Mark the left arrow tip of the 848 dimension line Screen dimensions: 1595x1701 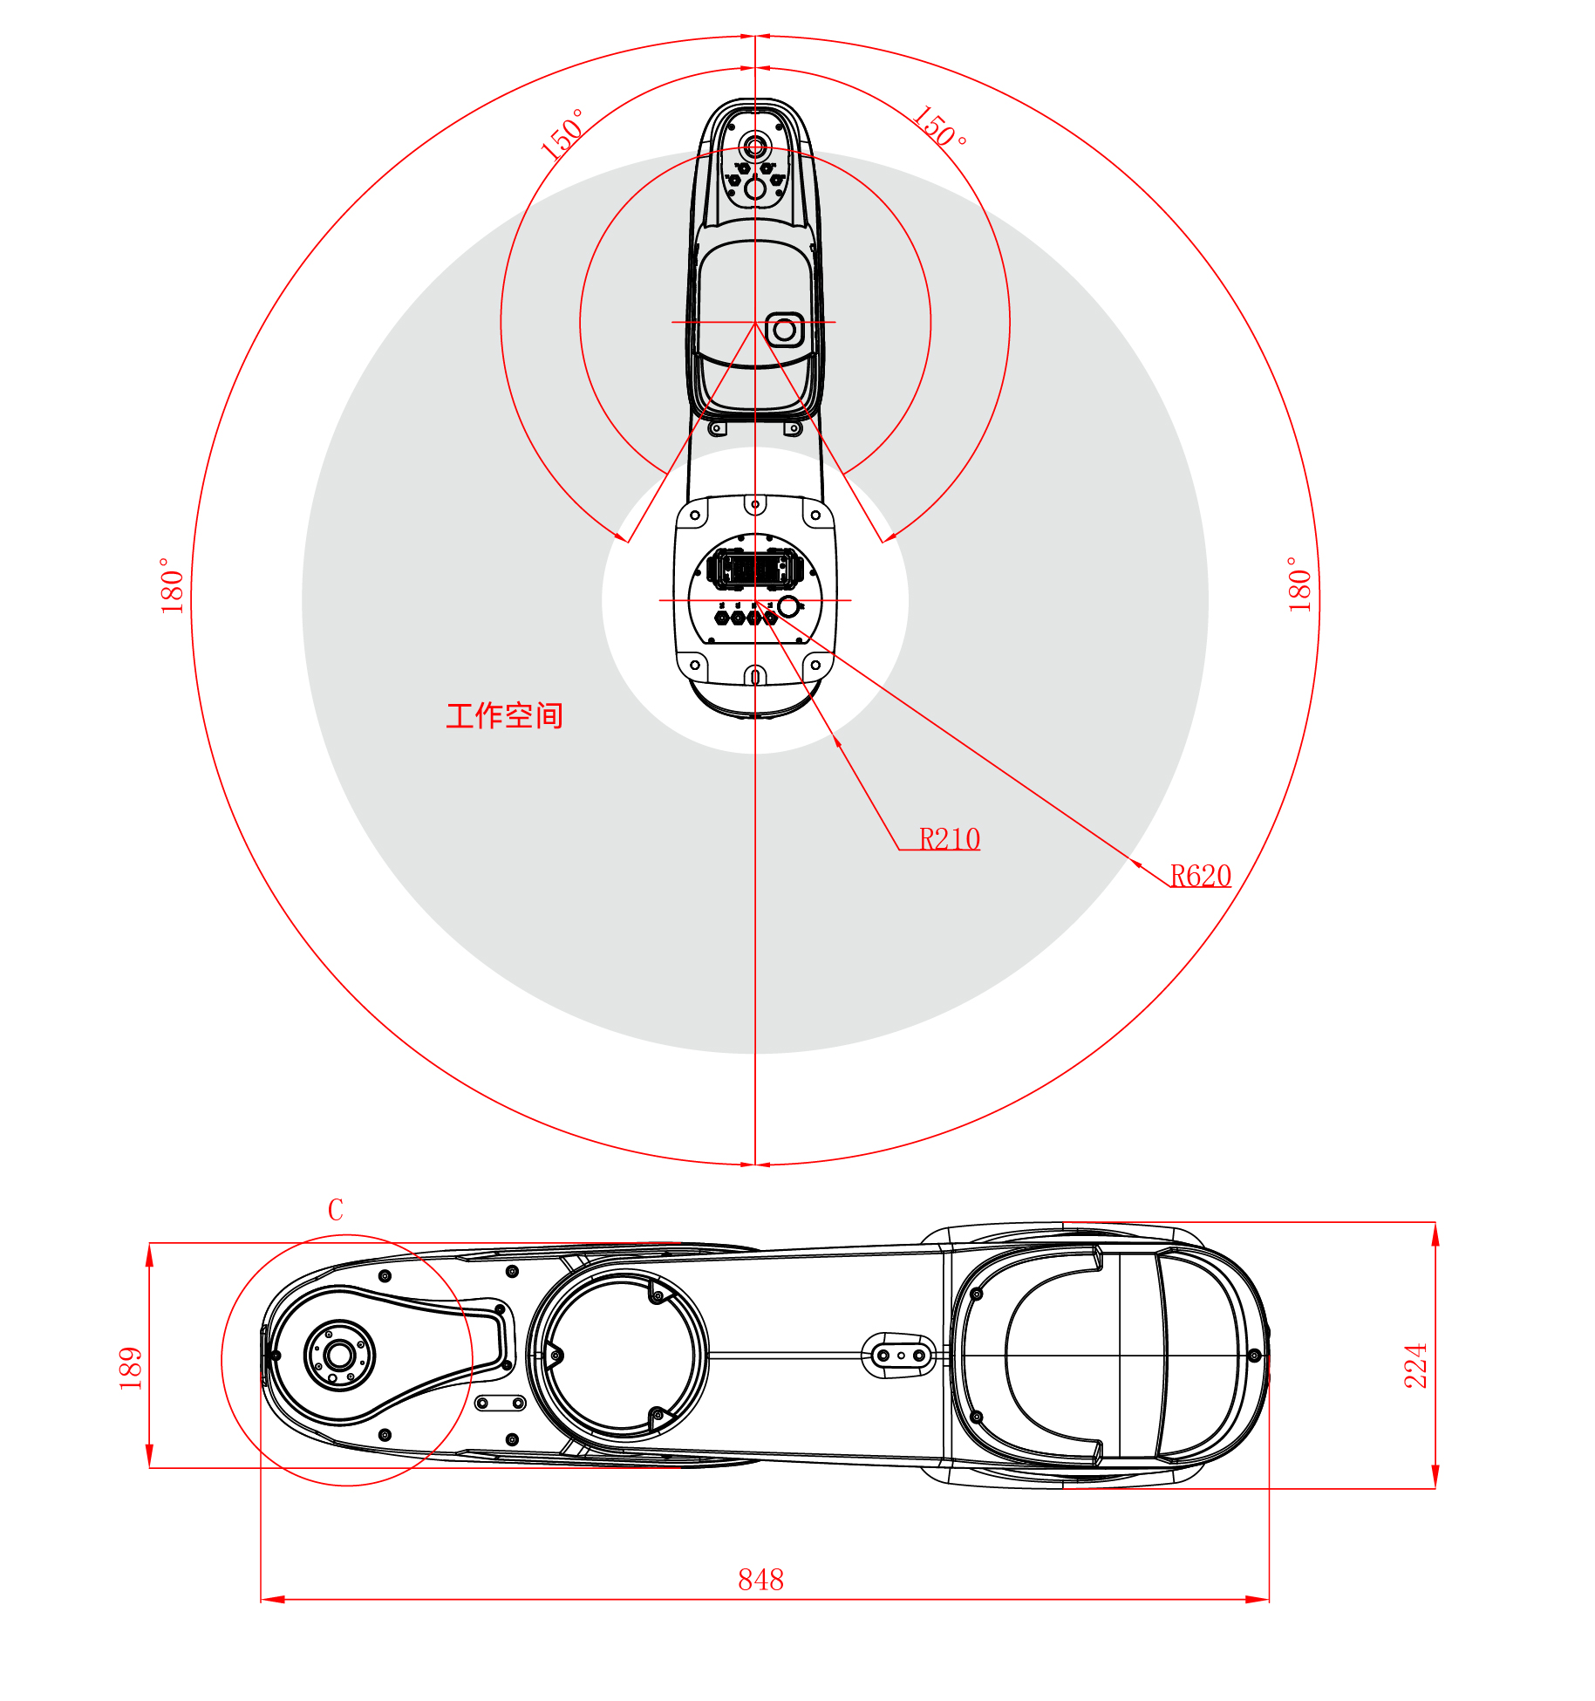point(262,1599)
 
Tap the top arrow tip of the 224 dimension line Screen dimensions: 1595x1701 point(1435,1223)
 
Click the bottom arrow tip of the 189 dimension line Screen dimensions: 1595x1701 point(150,1467)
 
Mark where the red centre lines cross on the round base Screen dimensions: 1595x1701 point(755,600)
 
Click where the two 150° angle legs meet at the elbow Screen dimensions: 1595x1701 point(755,322)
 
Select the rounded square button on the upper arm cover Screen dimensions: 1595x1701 point(784,330)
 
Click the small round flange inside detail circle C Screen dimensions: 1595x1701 point(339,1355)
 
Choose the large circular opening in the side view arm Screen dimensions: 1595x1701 point(621,1355)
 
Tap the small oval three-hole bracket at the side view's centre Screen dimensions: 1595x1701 point(899,1355)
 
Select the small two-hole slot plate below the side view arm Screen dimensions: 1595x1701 point(500,1403)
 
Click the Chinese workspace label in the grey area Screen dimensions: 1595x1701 point(504,715)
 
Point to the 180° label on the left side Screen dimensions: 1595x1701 point(171,585)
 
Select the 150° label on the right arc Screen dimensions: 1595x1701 point(939,128)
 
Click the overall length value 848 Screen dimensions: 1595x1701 point(760,1579)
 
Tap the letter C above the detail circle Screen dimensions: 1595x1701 point(336,1209)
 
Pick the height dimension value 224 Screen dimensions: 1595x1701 point(1415,1365)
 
